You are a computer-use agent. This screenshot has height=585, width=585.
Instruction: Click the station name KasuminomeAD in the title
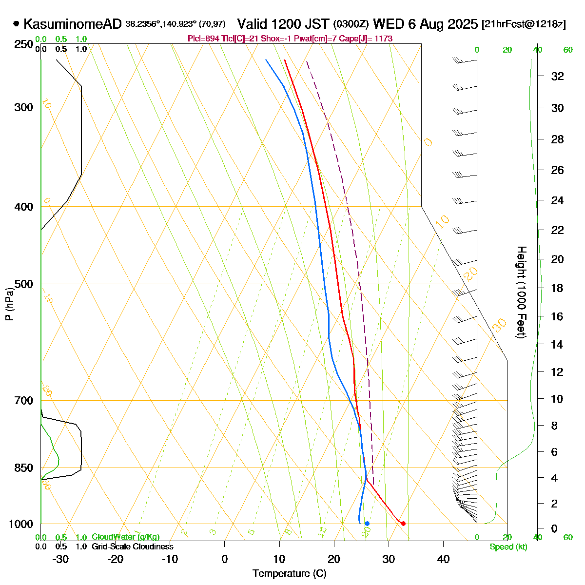click(x=72, y=24)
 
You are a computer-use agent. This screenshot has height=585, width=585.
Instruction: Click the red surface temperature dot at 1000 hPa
click(x=403, y=524)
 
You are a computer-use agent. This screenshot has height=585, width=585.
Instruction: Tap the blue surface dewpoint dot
click(x=367, y=524)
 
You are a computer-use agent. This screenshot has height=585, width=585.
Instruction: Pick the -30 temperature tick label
click(x=60, y=559)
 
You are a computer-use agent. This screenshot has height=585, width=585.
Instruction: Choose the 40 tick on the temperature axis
click(x=443, y=559)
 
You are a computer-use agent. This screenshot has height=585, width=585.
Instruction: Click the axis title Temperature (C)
click(x=290, y=573)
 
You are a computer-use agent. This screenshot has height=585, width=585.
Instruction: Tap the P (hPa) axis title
click(x=9, y=304)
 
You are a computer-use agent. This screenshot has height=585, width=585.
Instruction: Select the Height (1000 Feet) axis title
click(x=521, y=292)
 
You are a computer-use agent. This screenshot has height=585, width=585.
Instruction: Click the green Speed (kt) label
click(x=508, y=547)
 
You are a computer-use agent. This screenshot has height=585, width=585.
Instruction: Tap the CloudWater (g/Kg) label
click(x=125, y=537)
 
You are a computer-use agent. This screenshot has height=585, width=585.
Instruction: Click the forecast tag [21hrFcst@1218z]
click(x=524, y=24)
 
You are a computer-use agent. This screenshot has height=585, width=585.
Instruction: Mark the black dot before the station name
click(x=17, y=23)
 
